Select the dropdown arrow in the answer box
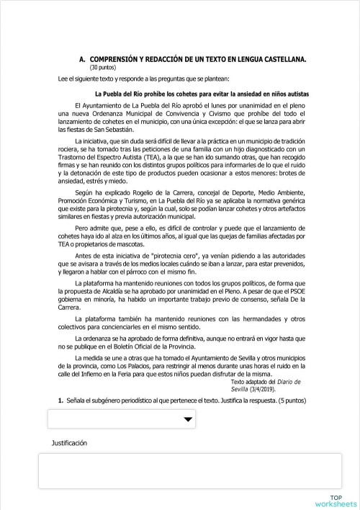coord(168,419)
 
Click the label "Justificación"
coord(68,443)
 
